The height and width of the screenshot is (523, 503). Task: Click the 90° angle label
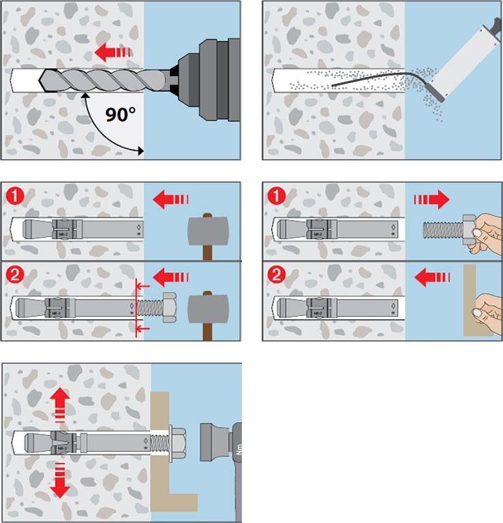[122, 114]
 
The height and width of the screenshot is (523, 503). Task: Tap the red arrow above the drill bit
[110, 52]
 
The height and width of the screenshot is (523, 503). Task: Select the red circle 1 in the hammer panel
[14, 197]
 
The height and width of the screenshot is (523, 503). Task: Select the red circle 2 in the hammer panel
[14, 277]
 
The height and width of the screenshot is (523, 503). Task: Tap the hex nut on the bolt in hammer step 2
[170, 311]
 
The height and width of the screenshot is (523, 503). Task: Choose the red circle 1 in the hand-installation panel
[275, 197]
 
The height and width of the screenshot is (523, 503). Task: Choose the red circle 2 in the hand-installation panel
[275, 277]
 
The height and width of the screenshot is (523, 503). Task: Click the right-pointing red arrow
[431, 200]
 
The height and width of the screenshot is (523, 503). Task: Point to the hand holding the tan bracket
[485, 312]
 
